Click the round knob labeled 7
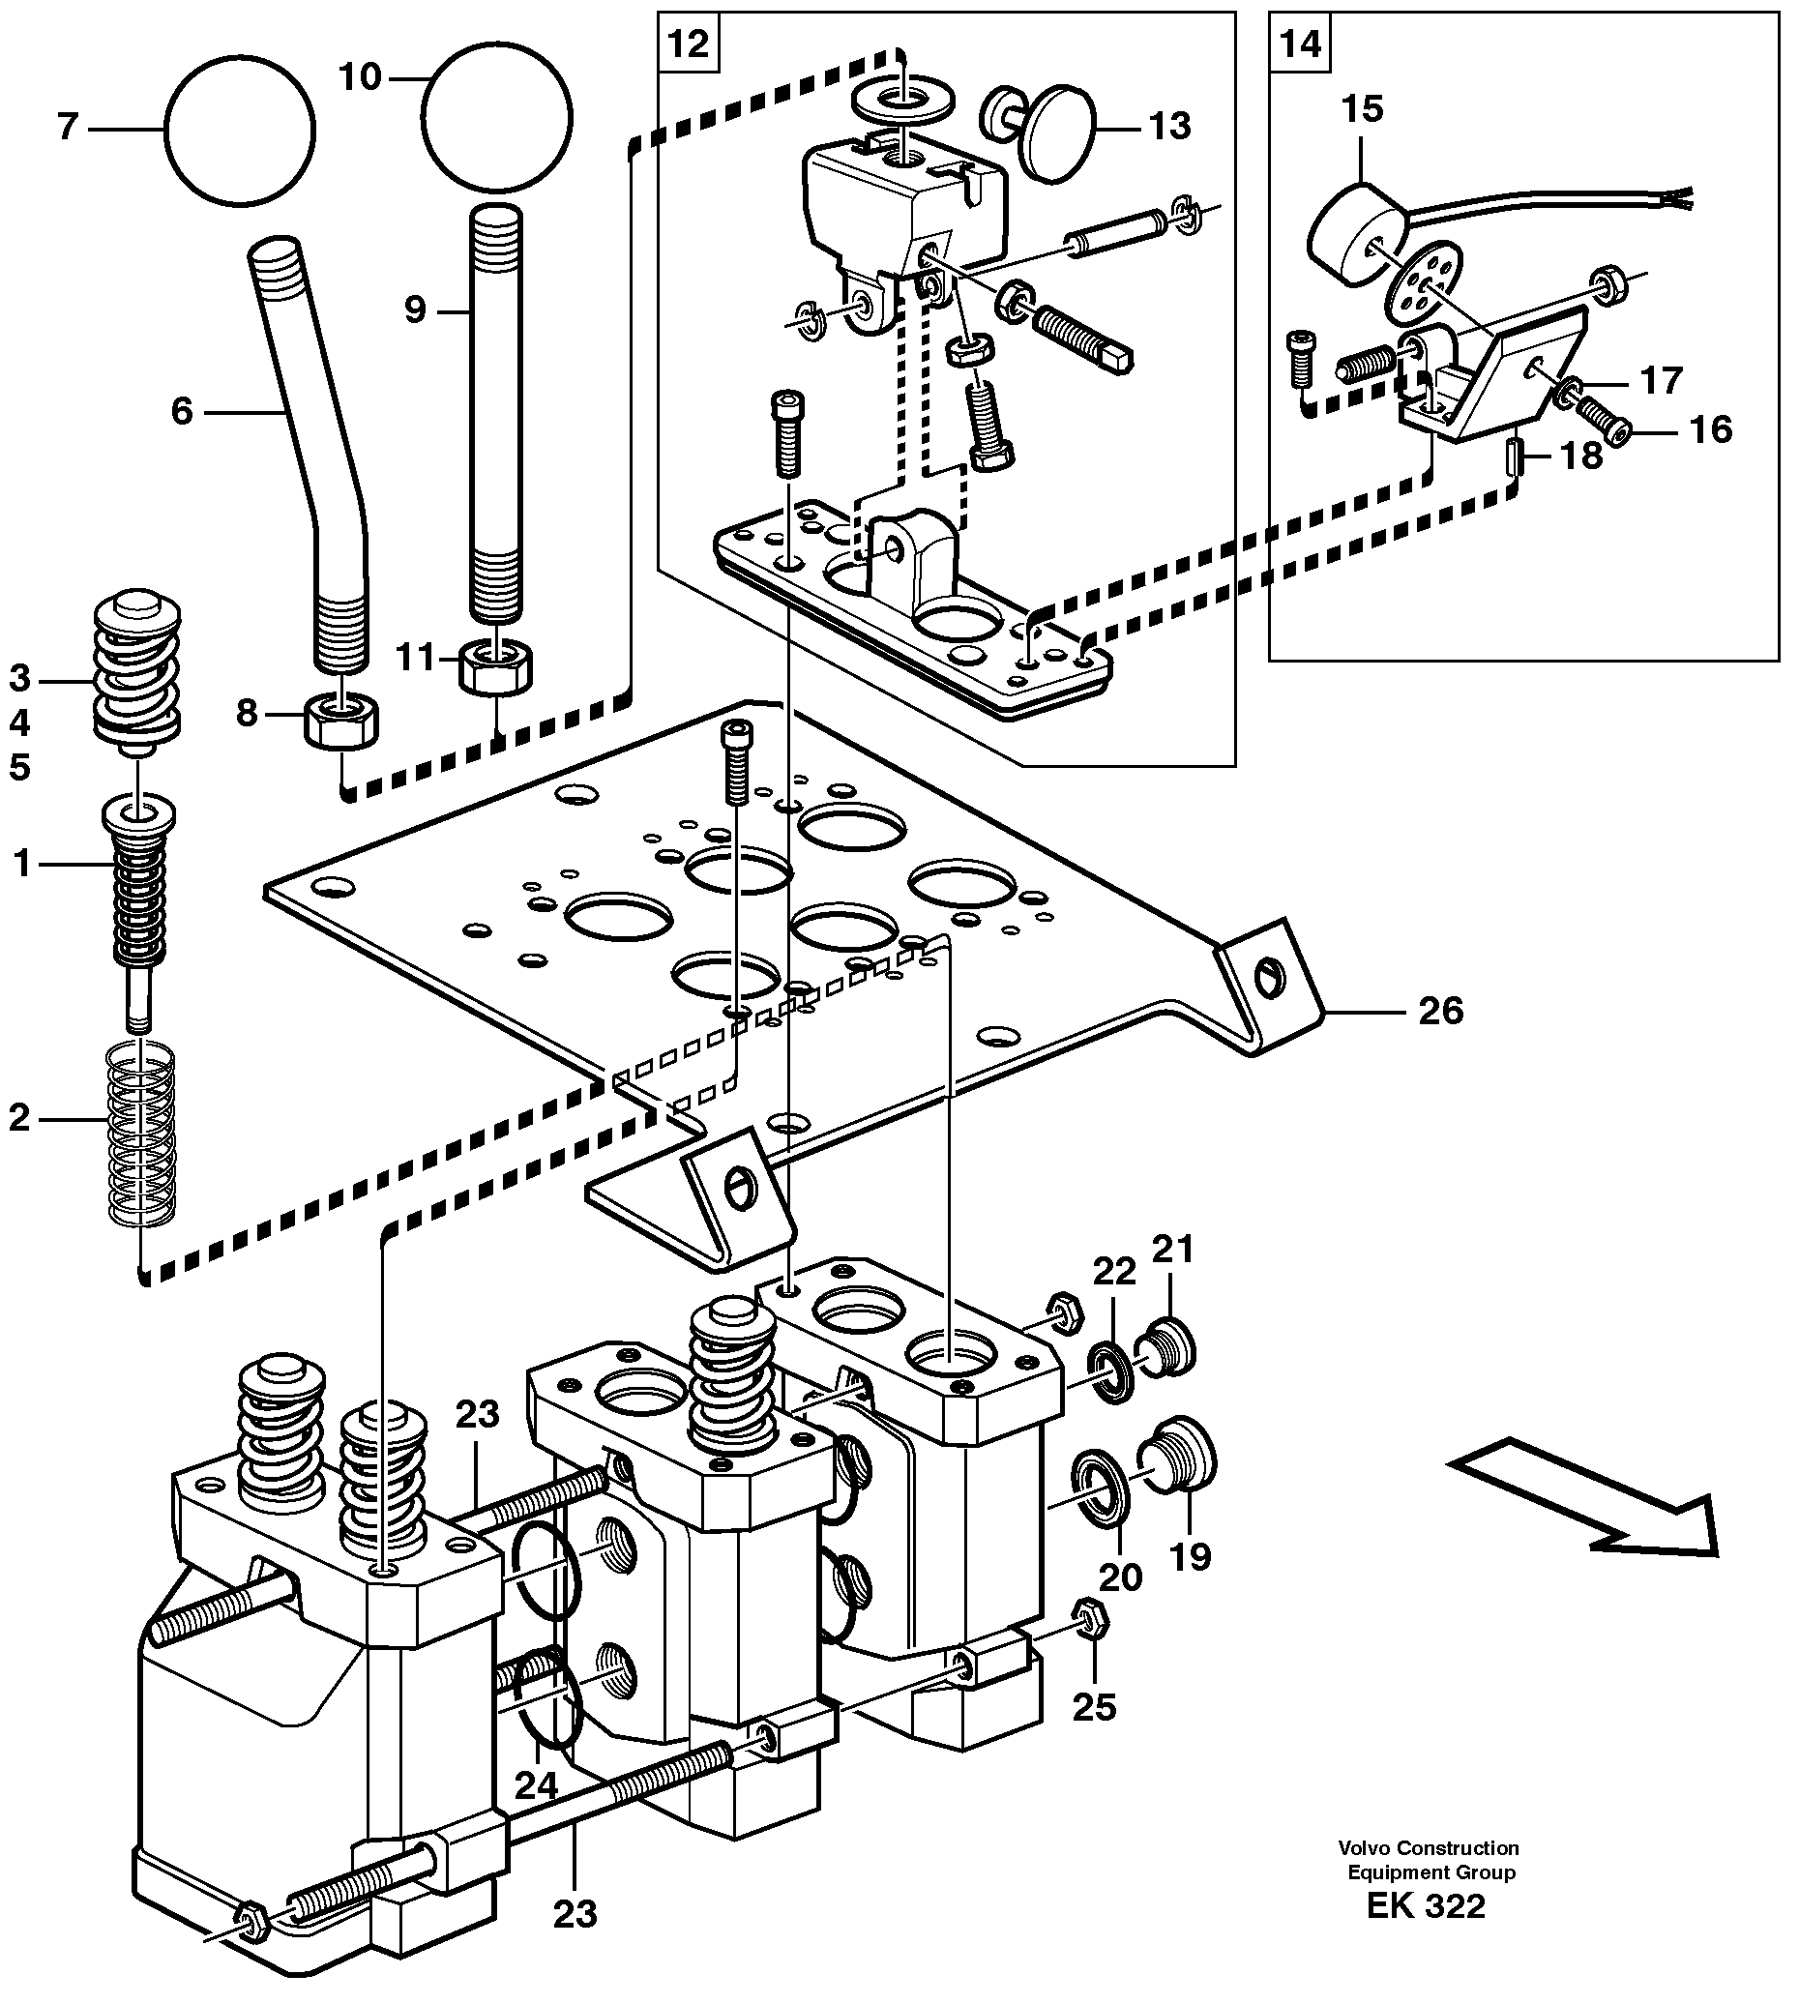click(x=239, y=130)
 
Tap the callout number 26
click(x=1440, y=1011)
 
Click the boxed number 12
click(x=689, y=44)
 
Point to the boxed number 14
click(x=1300, y=44)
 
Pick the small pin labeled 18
click(x=1515, y=458)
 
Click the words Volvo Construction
click(x=1429, y=1846)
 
